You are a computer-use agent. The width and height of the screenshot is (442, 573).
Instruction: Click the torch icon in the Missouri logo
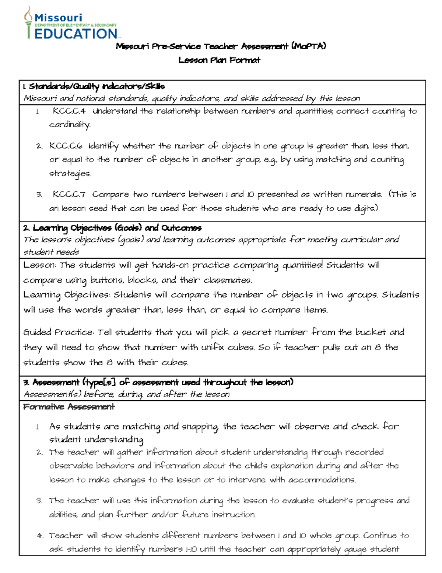pyautogui.click(x=28, y=22)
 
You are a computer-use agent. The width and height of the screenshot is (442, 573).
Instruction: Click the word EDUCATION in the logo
pyautogui.click(x=76, y=34)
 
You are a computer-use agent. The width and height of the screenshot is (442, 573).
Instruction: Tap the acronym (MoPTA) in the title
pyautogui.click(x=308, y=46)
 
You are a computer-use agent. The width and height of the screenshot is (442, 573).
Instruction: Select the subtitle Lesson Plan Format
pyautogui.click(x=219, y=60)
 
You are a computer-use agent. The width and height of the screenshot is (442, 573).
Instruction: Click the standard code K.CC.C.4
pyautogui.click(x=69, y=111)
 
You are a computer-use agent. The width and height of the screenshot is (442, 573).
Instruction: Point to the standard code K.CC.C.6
pyautogui.click(x=66, y=146)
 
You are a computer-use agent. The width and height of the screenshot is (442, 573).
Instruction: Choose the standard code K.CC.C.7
pyautogui.click(x=69, y=194)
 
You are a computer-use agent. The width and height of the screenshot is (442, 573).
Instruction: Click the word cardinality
pyautogui.click(x=70, y=125)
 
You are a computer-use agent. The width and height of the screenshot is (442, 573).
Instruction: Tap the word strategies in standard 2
pyautogui.click(x=70, y=173)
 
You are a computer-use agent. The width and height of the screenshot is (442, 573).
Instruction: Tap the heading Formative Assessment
pyautogui.click(x=69, y=407)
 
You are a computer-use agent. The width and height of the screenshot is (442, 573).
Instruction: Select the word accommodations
pyautogui.click(x=322, y=480)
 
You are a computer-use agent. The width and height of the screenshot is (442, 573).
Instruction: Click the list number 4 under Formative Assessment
pyautogui.click(x=40, y=536)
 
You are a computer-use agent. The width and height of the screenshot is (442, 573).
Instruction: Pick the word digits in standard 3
pyautogui.click(x=365, y=208)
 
